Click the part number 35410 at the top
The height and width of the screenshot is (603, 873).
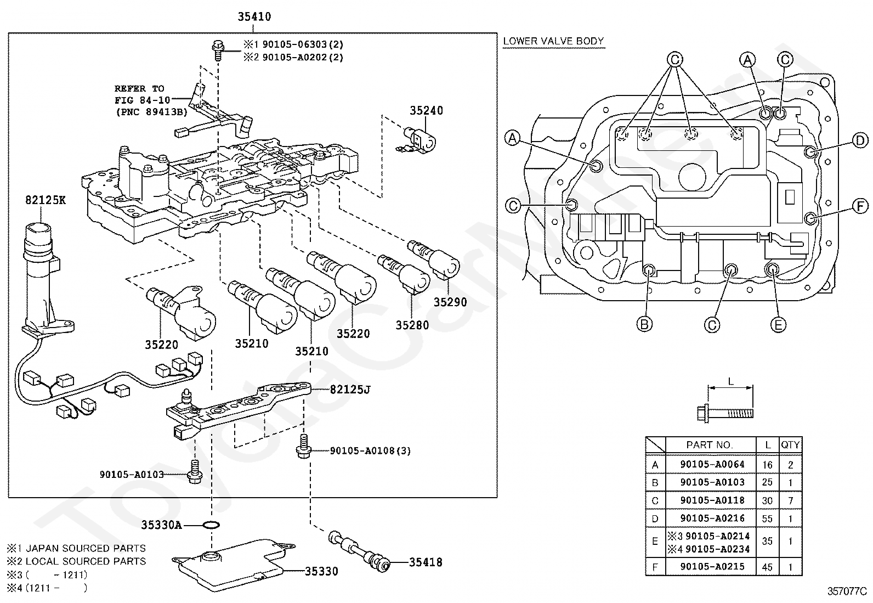254,17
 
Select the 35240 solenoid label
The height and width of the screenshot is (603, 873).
426,111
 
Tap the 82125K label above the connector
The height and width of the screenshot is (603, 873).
46,200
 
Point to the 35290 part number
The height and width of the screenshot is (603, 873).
450,302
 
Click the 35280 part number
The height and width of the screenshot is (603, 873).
412,325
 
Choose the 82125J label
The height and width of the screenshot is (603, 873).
350,389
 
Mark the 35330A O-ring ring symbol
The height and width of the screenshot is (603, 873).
211,525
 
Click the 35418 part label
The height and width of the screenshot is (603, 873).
426,562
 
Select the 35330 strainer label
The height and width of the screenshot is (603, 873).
321,571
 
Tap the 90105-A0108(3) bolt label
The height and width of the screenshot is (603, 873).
370,451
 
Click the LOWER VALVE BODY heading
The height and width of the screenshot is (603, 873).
553,41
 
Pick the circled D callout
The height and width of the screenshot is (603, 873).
860,140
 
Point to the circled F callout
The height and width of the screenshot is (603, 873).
860,206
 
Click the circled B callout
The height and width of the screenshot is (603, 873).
644,324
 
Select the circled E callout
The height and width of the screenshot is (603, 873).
778,324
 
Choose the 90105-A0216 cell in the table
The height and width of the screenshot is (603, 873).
712,518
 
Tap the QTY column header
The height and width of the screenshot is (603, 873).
790,444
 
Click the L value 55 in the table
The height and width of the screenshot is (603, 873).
767,519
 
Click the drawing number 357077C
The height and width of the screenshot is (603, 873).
847,591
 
